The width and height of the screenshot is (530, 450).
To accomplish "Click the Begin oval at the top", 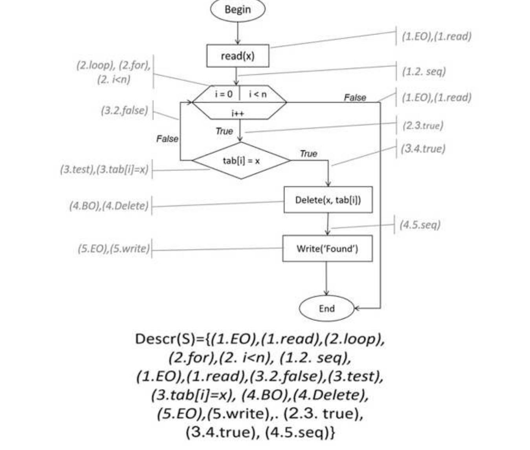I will pyautogui.click(x=238, y=10).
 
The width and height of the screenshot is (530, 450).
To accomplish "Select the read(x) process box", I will pyautogui.click(x=238, y=56).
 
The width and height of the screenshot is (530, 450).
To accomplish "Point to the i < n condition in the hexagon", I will pyautogui.click(x=258, y=94).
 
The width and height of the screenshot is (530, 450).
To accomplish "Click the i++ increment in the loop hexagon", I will pyautogui.click(x=238, y=114).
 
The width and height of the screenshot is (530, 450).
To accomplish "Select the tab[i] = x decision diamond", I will pyautogui.click(x=241, y=161).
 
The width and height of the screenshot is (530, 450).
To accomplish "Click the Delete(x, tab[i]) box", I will pyautogui.click(x=328, y=200).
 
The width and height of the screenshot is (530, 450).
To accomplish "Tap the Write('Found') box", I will pyautogui.click(x=327, y=249).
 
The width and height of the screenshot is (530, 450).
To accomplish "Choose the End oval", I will pyautogui.click(x=326, y=309).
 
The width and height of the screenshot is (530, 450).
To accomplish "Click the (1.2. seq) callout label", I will pyautogui.click(x=424, y=72).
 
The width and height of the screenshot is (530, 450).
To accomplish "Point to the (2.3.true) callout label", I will pyautogui.click(x=423, y=126).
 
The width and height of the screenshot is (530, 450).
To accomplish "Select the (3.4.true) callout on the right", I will pyautogui.click(x=423, y=149).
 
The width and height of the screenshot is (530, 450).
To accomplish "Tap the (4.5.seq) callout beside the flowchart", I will pyautogui.click(x=420, y=225).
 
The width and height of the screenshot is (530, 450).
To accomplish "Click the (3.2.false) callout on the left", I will pyautogui.click(x=125, y=110).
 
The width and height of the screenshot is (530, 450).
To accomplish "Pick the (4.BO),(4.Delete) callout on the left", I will pyautogui.click(x=109, y=206).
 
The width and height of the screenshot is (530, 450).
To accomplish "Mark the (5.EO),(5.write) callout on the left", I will pyautogui.click(x=114, y=249).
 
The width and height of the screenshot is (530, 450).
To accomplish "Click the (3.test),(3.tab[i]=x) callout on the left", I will pyautogui.click(x=104, y=169).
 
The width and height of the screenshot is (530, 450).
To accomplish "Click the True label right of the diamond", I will pyautogui.click(x=308, y=154).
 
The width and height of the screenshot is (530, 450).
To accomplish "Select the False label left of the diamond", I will pyautogui.click(x=167, y=139).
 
